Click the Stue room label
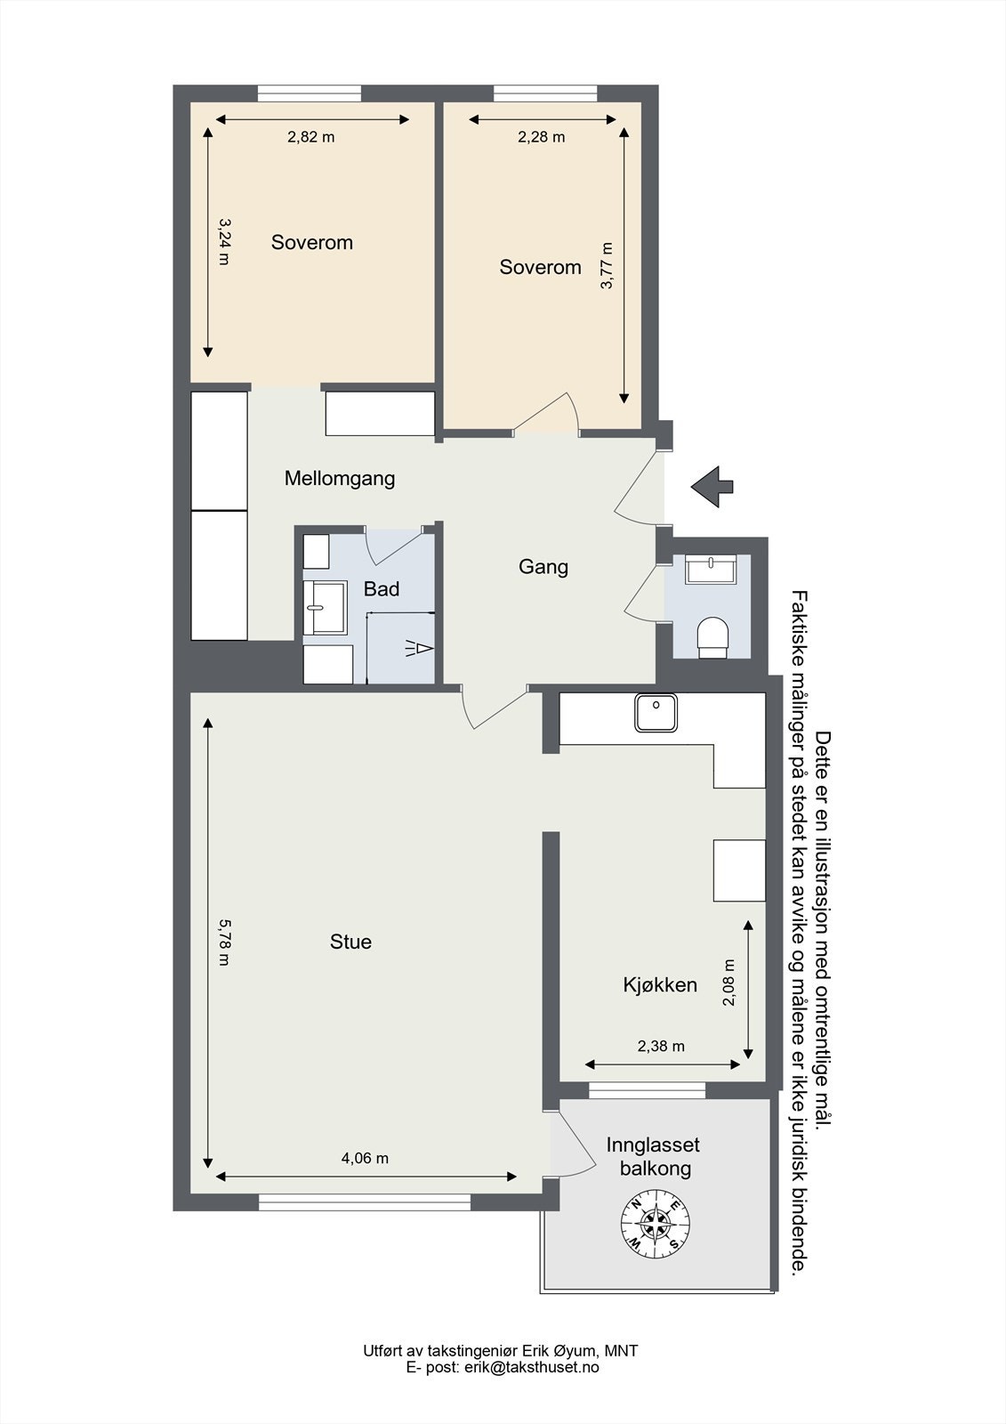pyautogui.click(x=350, y=942)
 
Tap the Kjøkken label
pyautogui.click(x=659, y=985)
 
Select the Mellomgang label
pyautogui.click(x=340, y=478)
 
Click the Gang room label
pyautogui.click(x=543, y=567)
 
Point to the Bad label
pyautogui.click(x=382, y=589)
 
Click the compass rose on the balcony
pyautogui.click(x=655, y=1226)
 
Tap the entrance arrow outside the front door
pyautogui.click(x=712, y=486)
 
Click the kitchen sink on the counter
pyautogui.click(x=656, y=712)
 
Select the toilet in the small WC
pyautogui.click(x=712, y=636)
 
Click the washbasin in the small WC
pyautogui.click(x=712, y=568)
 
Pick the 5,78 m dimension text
pyautogui.click(x=223, y=943)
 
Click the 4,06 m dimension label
pyautogui.click(x=365, y=1158)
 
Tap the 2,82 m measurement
pyautogui.click(x=310, y=137)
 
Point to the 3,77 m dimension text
pyautogui.click(x=607, y=265)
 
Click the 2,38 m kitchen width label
pyautogui.click(x=661, y=1046)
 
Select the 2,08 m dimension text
pyautogui.click(x=728, y=982)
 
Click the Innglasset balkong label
pyautogui.click(x=654, y=1156)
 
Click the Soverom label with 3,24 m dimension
pyautogui.click(x=311, y=242)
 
